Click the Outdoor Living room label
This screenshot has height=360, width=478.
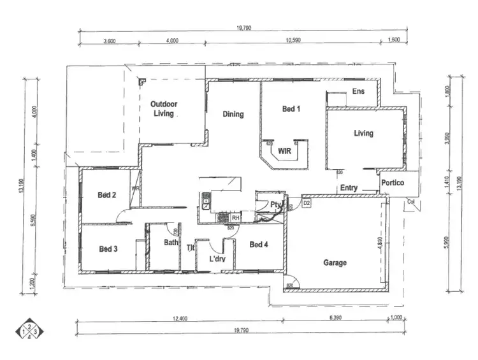[163, 108]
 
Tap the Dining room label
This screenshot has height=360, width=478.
[233, 115]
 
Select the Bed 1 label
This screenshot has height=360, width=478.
[291, 109]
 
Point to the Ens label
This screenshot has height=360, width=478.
[359, 92]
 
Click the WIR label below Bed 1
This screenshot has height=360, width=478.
[286, 151]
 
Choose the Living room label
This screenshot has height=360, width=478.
[363, 133]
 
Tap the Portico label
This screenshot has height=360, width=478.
[394, 183]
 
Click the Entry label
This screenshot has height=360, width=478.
[349, 188]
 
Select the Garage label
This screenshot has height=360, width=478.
[335, 263]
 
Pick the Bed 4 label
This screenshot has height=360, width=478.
[259, 245]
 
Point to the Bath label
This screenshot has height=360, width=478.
[171, 243]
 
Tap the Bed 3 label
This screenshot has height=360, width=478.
[108, 248]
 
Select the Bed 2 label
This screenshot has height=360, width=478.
[106, 195]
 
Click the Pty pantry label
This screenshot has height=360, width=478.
[275, 205]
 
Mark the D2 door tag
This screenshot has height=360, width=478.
[307, 203]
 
